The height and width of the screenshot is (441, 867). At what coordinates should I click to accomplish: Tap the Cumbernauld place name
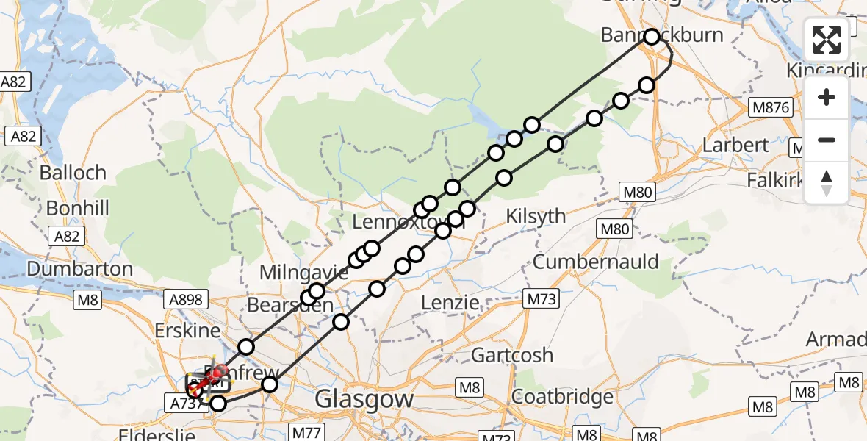tap(596, 262)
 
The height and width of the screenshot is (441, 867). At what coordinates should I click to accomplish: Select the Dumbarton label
tap(80, 268)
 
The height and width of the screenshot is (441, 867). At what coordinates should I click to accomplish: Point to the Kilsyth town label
tap(536, 216)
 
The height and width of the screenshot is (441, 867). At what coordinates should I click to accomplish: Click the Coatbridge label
tap(562, 397)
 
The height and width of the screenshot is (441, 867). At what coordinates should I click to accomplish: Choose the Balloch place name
tap(73, 173)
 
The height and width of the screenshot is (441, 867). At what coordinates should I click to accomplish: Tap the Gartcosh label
tap(512, 355)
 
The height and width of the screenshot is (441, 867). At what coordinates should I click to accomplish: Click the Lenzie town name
tap(450, 302)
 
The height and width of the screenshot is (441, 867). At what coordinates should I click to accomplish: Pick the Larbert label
tap(735, 145)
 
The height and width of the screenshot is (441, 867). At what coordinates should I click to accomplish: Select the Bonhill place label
tap(77, 208)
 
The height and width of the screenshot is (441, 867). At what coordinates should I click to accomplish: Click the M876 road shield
tap(771, 108)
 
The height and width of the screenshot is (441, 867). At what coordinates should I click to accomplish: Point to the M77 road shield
tap(306, 432)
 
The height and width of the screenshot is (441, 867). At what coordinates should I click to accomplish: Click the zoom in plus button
tap(827, 97)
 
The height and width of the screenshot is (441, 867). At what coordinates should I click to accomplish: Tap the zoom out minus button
tap(827, 140)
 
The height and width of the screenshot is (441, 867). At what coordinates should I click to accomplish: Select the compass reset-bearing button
tap(827, 182)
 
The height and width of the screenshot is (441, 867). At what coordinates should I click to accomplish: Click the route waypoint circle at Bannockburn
tap(652, 36)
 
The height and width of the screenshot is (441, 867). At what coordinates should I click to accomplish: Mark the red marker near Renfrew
tap(218, 374)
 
